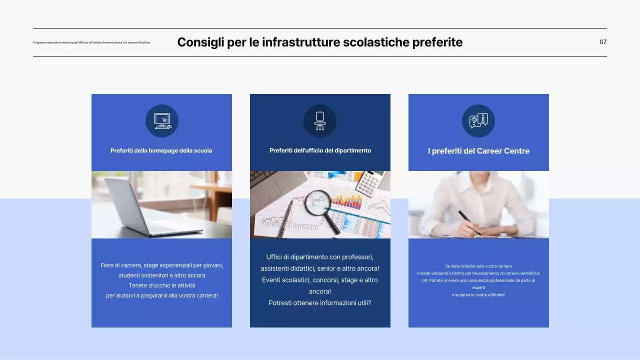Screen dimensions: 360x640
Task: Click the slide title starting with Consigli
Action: click(x=319, y=42)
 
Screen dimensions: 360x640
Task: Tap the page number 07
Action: click(x=603, y=42)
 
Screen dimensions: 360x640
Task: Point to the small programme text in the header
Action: click(x=91, y=42)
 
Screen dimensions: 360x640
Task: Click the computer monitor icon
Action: click(x=162, y=121)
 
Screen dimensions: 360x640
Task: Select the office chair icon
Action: click(x=320, y=121)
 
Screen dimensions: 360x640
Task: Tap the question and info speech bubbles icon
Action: click(x=478, y=121)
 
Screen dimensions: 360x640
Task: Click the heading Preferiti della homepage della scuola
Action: click(x=161, y=150)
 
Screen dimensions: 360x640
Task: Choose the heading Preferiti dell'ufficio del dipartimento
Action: click(x=320, y=150)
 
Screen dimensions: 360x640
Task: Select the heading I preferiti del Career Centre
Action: click(x=478, y=151)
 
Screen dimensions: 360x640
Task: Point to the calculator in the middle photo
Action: click(x=371, y=181)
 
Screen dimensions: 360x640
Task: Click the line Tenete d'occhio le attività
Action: click(x=161, y=285)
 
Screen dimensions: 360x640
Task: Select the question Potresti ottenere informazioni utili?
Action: click(x=320, y=303)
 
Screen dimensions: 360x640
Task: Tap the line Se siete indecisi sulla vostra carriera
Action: click(x=478, y=266)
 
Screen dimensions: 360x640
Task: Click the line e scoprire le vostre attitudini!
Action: click(x=478, y=295)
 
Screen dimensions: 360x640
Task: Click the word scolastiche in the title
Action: click(x=375, y=42)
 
